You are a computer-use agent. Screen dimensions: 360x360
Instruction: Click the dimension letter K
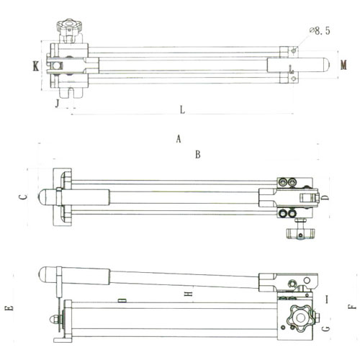[36, 66]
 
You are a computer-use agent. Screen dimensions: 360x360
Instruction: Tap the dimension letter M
[343, 65]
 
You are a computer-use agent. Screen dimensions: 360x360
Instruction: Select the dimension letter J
[57, 104]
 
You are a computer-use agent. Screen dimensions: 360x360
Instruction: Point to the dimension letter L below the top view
[182, 109]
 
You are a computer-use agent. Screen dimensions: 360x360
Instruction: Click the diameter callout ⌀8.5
[320, 31]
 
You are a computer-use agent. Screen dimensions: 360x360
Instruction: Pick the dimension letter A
[179, 139]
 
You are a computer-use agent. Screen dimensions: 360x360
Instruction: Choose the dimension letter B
[198, 154]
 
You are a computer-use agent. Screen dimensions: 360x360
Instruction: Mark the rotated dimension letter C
[23, 197]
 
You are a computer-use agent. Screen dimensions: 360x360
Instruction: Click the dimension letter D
[325, 197]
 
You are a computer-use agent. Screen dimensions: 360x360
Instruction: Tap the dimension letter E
[9, 308]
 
